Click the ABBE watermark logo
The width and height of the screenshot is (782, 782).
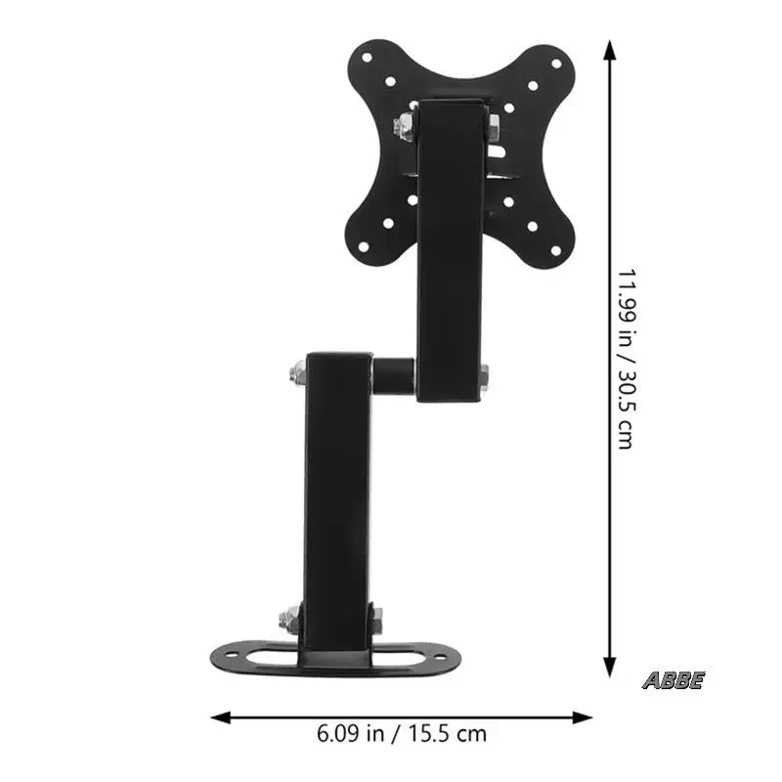tap(673, 680)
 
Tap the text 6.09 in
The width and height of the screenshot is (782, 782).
tap(350, 734)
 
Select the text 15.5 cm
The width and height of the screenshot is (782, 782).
tap(448, 734)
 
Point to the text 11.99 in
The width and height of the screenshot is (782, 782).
tap(627, 307)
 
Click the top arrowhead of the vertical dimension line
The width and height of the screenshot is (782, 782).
tap(609, 50)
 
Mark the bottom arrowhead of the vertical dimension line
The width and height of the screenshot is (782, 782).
tap(609, 668)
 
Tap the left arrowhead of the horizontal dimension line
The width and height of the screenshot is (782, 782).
tap(221, 717)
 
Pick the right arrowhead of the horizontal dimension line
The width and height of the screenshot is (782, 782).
tap(583, 717)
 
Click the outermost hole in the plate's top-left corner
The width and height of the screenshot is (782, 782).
tap(368, 58)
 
